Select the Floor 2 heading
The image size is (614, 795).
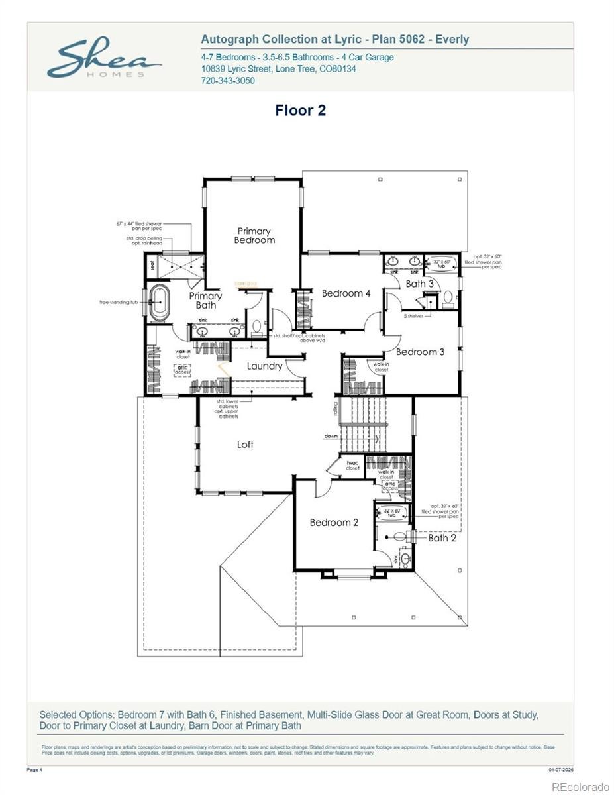coord(300,111)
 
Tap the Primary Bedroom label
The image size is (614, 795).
coord(254,235)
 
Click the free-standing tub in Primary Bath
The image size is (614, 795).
coord(160,303)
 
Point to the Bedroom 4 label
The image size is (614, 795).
coord(346,293)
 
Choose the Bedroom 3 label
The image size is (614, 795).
coord(420,352)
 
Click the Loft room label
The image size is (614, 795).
coord(245,444)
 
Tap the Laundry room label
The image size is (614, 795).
coord(264,366)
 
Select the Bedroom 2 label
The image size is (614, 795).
coord(334,522)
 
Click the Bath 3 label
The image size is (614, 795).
coord(419,284)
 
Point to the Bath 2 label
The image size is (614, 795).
coord(442,537)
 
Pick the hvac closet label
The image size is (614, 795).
coord(352,465)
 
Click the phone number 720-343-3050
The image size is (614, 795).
coord(227,81)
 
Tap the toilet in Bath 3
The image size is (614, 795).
coord(448,297)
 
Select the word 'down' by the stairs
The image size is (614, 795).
coord(331,436)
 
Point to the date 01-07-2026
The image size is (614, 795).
coord(560,769)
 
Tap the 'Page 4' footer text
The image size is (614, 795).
coord(34,769)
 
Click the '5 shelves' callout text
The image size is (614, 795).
coord(415,316)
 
